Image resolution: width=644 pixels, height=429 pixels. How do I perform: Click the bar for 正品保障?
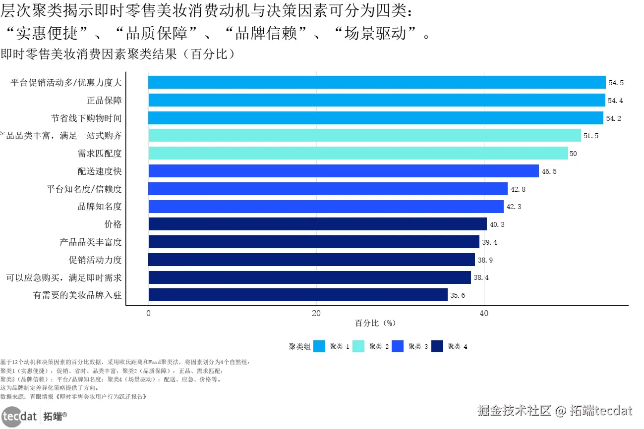tap(377, 100)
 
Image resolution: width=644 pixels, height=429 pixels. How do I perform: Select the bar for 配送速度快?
tap(344, 171)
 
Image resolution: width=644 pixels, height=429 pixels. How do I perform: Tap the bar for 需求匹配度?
tap(358, 153)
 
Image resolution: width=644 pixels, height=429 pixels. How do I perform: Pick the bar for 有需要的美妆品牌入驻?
tap(298, 295)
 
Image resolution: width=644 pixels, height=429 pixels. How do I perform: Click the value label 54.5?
tap(616, 83)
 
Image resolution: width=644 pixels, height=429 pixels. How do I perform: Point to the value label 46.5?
tap(549, 171)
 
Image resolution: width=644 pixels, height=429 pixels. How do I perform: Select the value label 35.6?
tap(458, 295)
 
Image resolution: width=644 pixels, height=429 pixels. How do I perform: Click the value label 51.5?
tap(591, 136)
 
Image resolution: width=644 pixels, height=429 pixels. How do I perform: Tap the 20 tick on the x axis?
tap(316, 313)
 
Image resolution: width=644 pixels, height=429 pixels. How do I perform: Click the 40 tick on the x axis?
tap(484, 313)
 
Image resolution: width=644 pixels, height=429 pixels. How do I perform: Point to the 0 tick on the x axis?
tap(148, 313)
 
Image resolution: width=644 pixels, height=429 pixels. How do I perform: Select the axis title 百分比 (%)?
tap(375, 323)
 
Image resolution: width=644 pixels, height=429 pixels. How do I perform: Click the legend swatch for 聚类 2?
tap(358, 347)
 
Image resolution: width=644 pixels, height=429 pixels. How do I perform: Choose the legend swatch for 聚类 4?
tap(437, 347)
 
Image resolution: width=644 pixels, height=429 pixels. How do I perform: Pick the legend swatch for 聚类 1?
tap(319, 347)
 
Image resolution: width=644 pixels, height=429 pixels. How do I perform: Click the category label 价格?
tap(113, 224)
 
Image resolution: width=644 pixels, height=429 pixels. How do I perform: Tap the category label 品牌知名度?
tap(100, 207)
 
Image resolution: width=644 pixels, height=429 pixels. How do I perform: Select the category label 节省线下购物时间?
tap(86, 118)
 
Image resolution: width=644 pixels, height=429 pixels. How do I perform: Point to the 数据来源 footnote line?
tap(73, 397)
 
